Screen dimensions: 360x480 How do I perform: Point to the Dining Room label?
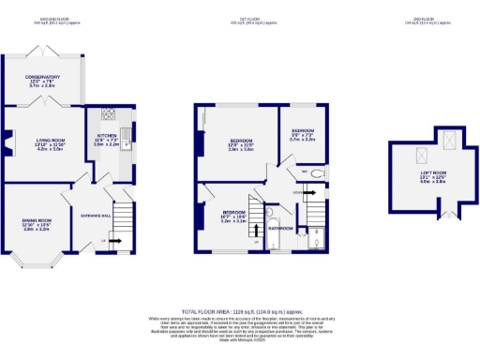[x=36, y=224]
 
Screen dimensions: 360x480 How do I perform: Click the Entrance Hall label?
[x=94, y=212]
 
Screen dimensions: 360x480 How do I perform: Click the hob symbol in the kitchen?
[x=108, y=115]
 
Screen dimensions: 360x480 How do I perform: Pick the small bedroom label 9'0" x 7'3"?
[x=302, y=134]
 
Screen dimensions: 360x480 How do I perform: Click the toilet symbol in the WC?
[x=316, y=173]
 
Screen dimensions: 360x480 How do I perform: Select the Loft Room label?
[x=432, y=175]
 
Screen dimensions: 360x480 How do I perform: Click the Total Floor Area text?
[x=239, y=310]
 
